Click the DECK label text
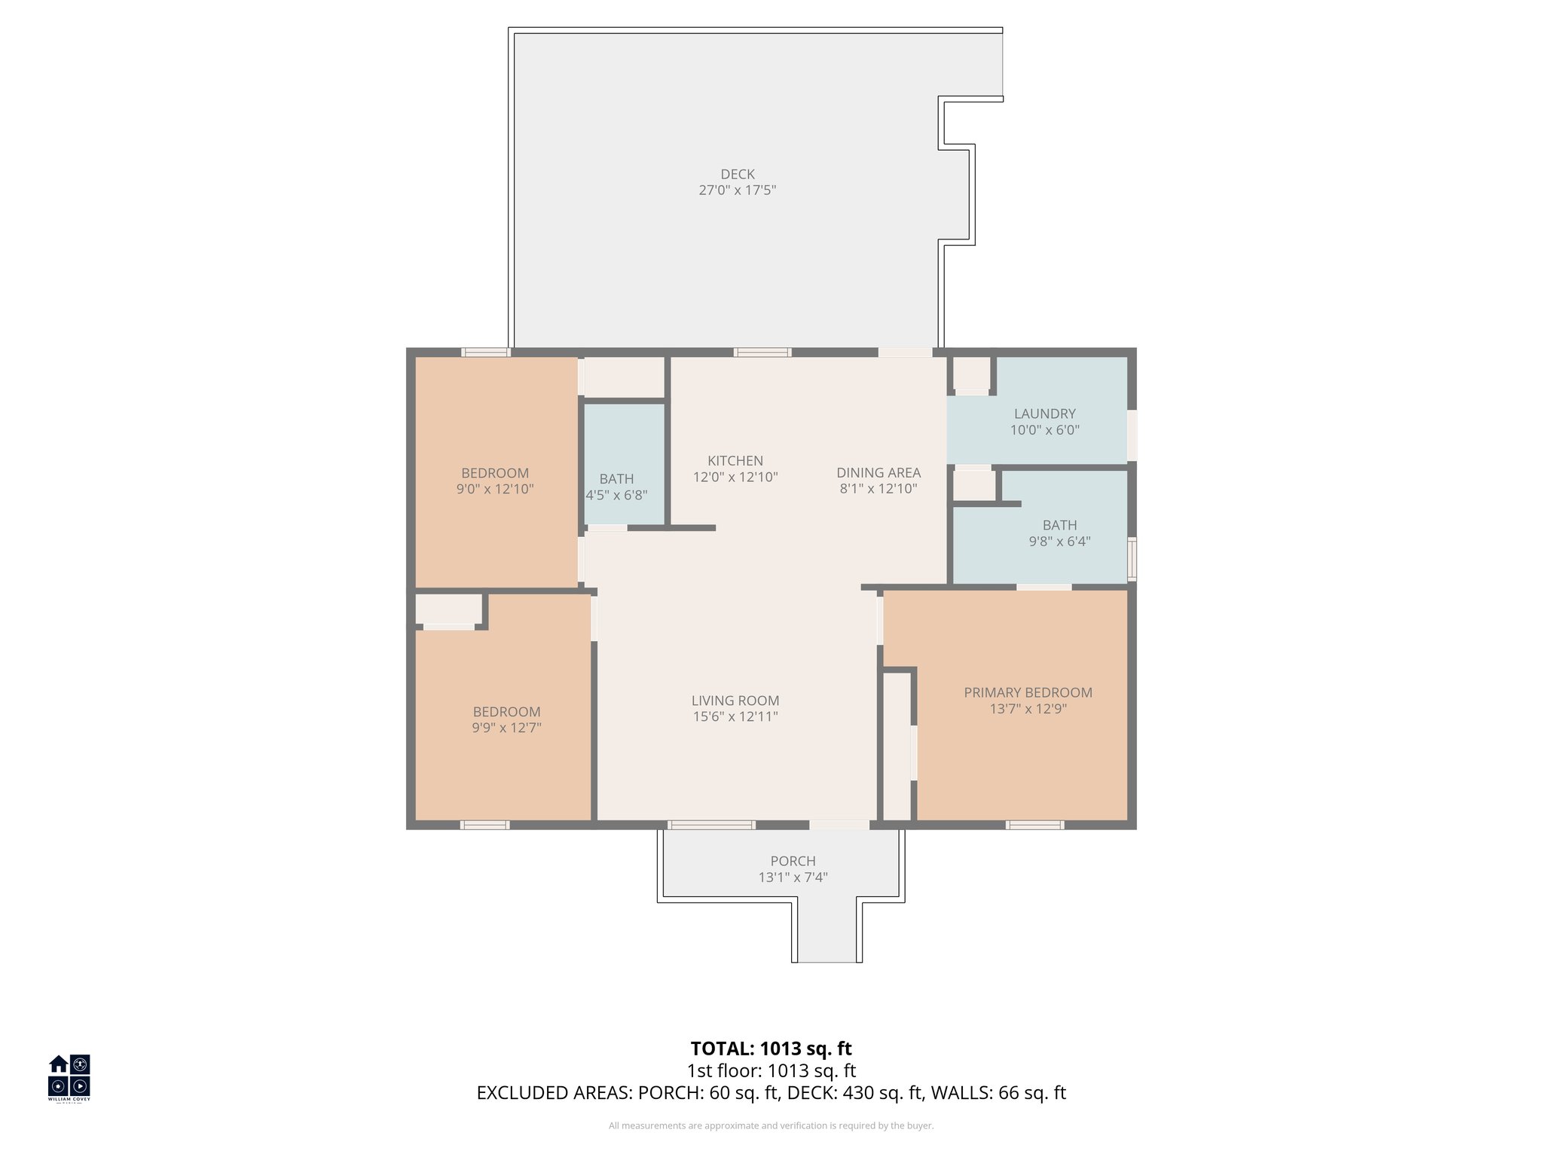pos(737,174)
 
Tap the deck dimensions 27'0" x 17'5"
pos(737,191)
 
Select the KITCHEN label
pos(735,460)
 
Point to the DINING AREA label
pos(878,472)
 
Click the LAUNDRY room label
pos(1044,414)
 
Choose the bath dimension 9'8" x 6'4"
pos(1059,541)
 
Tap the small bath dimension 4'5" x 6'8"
pos(616,495)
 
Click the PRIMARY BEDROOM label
pos(1028,692)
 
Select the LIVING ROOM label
pos(735,701)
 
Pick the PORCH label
pos(793,861)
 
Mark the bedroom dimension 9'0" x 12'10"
pos(494,489)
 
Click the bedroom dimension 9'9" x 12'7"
pos(506,728)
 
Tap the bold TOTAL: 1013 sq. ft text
pos(771,1049)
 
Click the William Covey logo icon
pos(69,1076)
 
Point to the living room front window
pos(711,825)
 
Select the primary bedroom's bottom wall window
pos(1034,825)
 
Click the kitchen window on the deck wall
pos(762,352)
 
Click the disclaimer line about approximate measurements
pos(771,1126)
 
